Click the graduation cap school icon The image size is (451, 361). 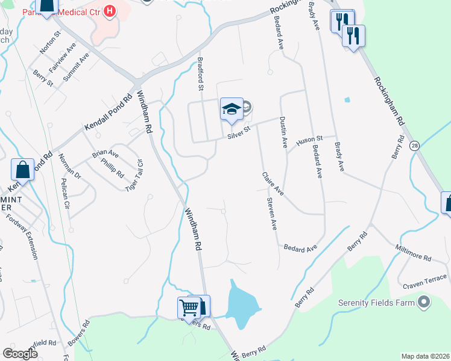[232, 109]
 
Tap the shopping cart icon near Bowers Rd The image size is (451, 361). [189, 308]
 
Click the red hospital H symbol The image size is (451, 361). [109, 10]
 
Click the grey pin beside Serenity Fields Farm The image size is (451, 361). [424, 302]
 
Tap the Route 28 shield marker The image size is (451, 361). [414, 146]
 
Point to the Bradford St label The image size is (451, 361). [201, 73]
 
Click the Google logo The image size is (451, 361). [20, 354]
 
